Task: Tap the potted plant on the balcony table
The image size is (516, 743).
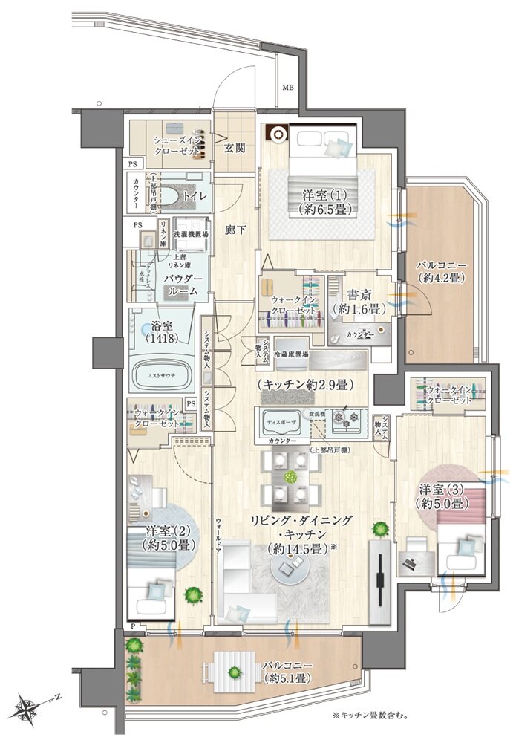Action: click(235, 674)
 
